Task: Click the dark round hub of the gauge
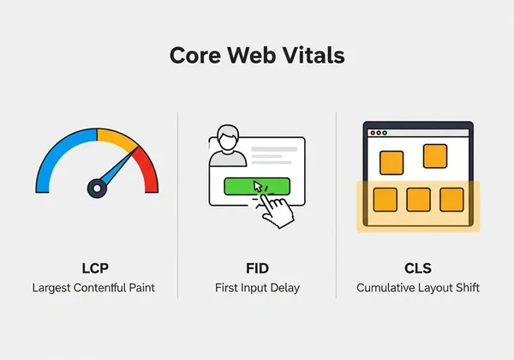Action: click(97, 187)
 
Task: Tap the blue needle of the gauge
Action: click(118, 166)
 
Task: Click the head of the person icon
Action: click(227, 136)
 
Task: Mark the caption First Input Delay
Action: click(257, 288)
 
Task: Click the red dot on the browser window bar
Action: click(371, 133)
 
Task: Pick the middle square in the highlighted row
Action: click(418, 200)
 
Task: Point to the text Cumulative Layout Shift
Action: click(418, 288)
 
